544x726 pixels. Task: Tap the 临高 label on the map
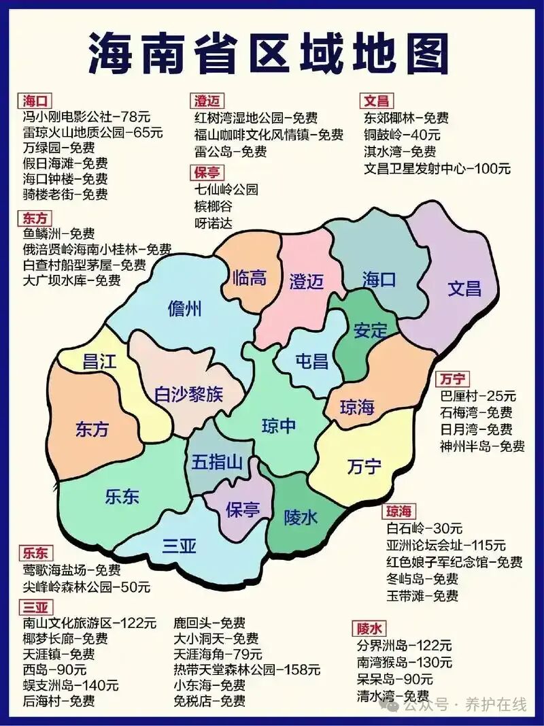coord(249,278)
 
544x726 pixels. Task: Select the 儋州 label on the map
coord(185,310)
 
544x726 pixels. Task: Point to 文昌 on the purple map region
coord(464,288)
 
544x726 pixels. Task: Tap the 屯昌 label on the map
coord(311,361)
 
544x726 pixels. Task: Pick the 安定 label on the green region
coord(370,331)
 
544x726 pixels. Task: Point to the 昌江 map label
coord(99,361)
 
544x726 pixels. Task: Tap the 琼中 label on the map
coord(279,426)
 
